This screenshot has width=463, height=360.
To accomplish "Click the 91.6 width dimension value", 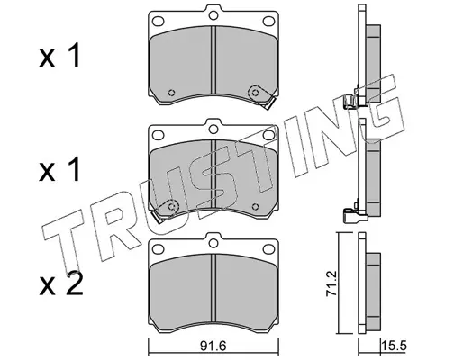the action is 213,346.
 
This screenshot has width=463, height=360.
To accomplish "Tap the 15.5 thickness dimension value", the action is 394,346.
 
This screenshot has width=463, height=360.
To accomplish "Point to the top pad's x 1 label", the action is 59,56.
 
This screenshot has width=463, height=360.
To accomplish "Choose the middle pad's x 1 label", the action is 59,169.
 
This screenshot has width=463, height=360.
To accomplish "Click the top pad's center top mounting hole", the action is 213,15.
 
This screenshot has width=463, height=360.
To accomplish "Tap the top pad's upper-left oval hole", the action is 159,22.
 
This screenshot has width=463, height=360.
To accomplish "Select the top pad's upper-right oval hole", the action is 268,22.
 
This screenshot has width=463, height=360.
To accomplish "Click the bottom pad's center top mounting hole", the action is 213,243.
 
